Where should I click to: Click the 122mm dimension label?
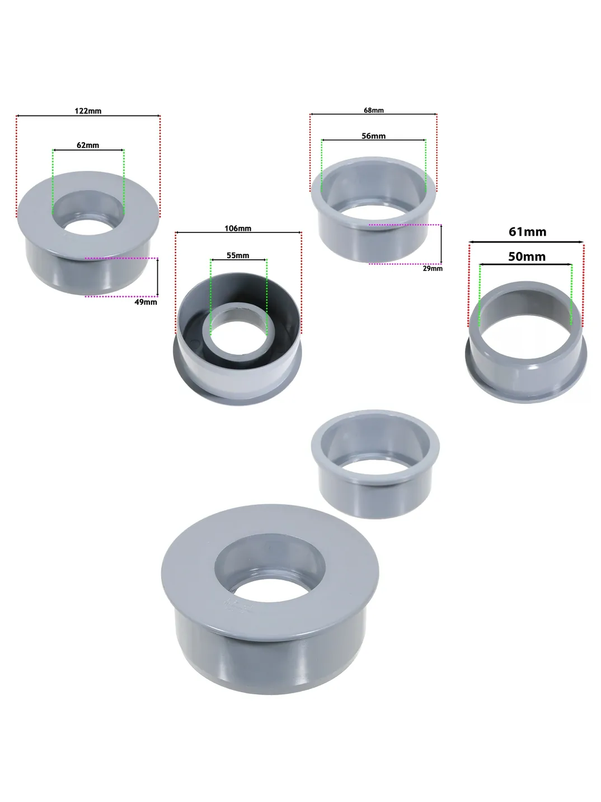click(x=88, y=111)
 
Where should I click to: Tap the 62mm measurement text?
click(x=88, y=145)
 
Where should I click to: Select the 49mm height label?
click(x=145, y=302)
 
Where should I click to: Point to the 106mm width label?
click(x=238, y=229)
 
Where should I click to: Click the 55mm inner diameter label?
click(x=238, y=255)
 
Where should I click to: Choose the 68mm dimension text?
click(x=374, y=110)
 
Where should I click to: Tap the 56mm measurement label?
click(x=373, y=136)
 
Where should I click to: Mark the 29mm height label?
click(x=433, y=269)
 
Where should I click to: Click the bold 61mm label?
click(x=527, y=232)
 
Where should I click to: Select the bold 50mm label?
click(x=527, y=257)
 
